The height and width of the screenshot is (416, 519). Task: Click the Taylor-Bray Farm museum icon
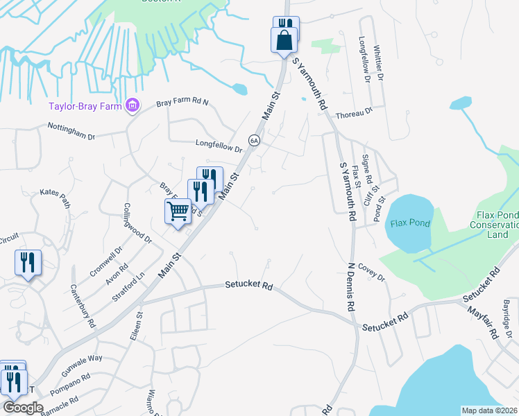[132, 106]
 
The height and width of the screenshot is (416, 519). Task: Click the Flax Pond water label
[407, 223]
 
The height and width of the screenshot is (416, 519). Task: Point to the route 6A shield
[255, 139]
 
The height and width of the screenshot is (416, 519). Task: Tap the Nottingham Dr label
[71, 131]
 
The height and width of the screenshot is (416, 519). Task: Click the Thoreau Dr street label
[354, 112]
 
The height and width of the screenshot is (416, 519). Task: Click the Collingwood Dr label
[138, 223]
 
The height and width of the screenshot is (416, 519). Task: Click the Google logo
[23, 408]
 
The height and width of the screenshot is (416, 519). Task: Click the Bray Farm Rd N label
[182, 103]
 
